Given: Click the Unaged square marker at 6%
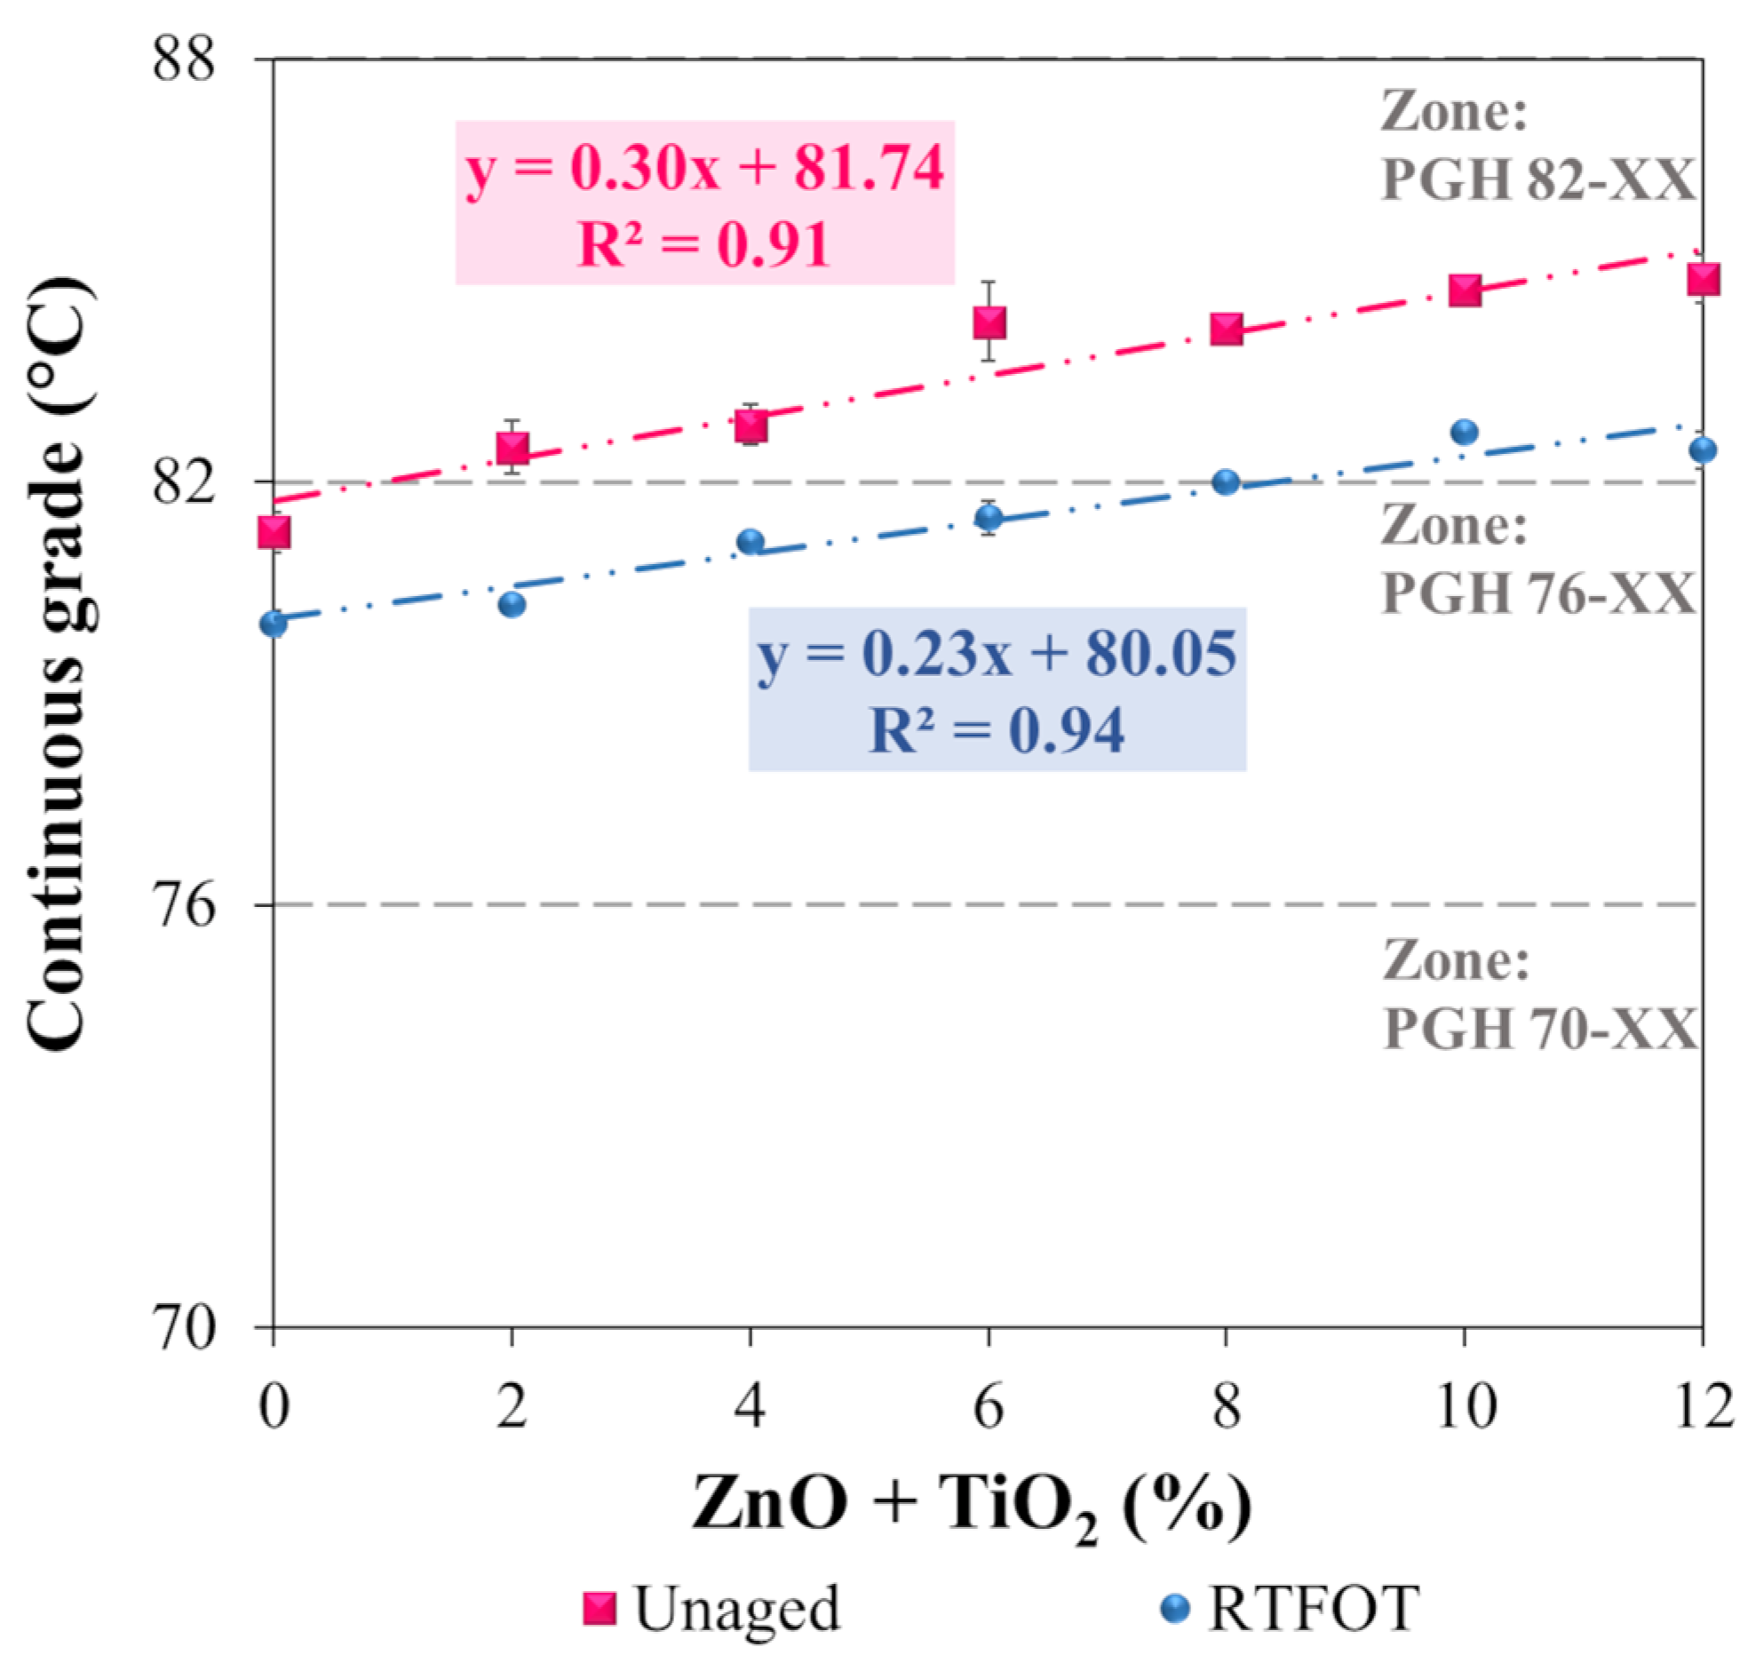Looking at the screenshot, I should (x=989, y=323).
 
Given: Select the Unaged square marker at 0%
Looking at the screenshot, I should (x=274, y=532).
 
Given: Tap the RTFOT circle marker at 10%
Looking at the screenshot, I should (x=1464, y=433).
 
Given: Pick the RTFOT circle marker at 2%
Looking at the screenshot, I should (x=512, y=605).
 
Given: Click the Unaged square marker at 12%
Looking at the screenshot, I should (x=1702, y=279).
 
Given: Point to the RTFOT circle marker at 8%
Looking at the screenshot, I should (x=1226, y=482).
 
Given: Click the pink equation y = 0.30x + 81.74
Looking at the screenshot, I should (x=704, y=167).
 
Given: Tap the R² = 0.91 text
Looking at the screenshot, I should (x=704, y=244).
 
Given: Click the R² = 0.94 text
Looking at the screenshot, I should (x=997, y=730).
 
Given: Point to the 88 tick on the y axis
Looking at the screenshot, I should (x=184, y=60).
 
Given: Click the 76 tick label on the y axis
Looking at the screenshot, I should (x=184, y=906).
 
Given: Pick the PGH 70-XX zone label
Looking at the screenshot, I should (x=1539, y=1028).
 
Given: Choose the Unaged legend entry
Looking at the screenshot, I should (x=711, y=1608).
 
